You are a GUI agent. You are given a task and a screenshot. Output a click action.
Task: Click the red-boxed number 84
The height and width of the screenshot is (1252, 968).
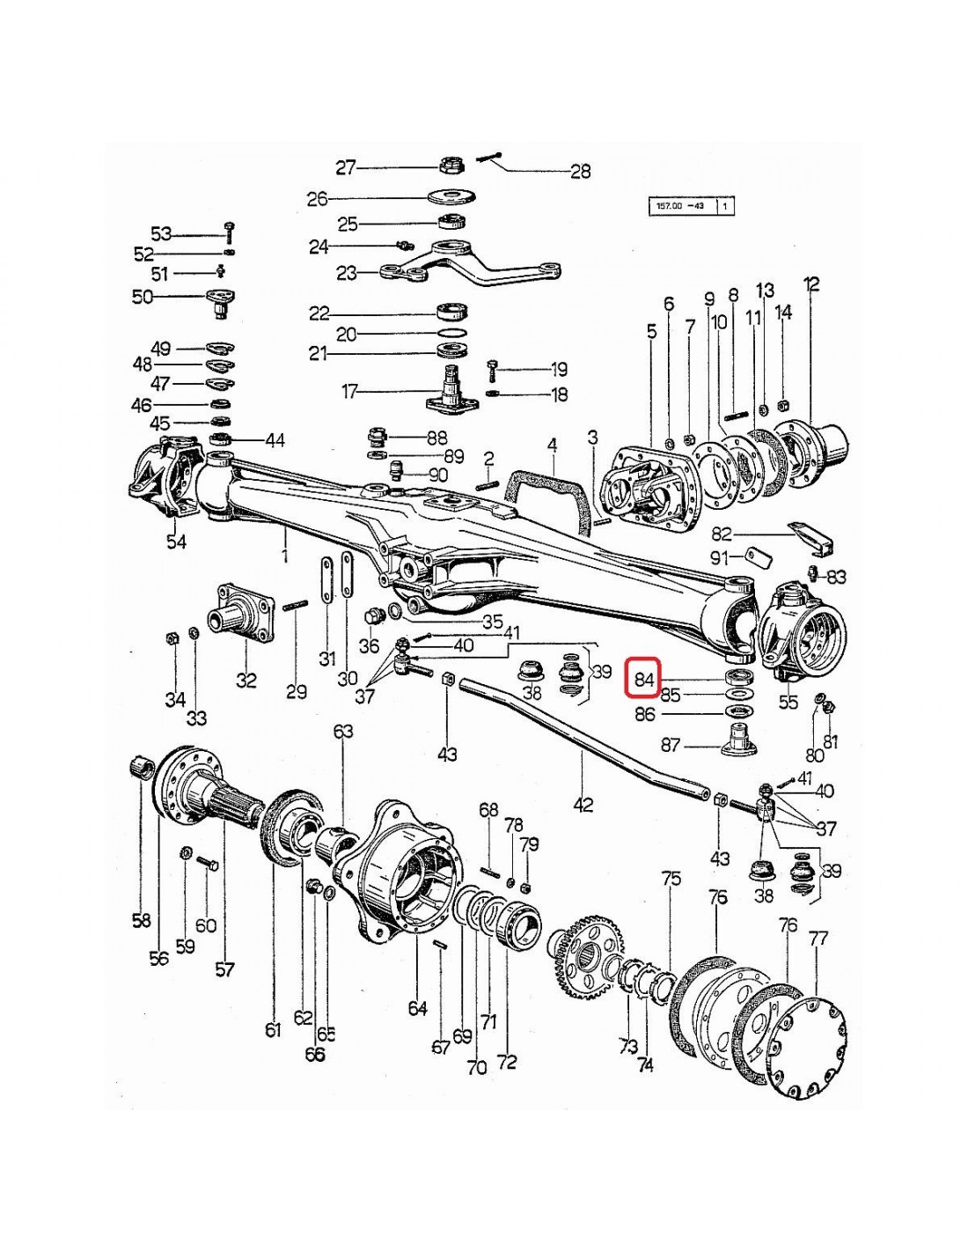click(645, 678)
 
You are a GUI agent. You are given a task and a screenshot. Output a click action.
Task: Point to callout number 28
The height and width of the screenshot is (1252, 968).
click(581, 172)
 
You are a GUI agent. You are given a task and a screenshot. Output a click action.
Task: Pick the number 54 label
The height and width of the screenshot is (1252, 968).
click(177, 541)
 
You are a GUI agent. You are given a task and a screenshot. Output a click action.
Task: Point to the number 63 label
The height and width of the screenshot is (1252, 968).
click(343, 732)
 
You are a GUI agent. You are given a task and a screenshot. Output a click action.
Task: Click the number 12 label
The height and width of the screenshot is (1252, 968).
click(811, 284)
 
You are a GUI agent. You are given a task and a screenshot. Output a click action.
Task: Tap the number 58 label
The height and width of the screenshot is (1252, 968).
click(141, 921)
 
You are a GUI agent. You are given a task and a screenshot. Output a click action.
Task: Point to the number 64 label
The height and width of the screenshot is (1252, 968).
click(417, 1008)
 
